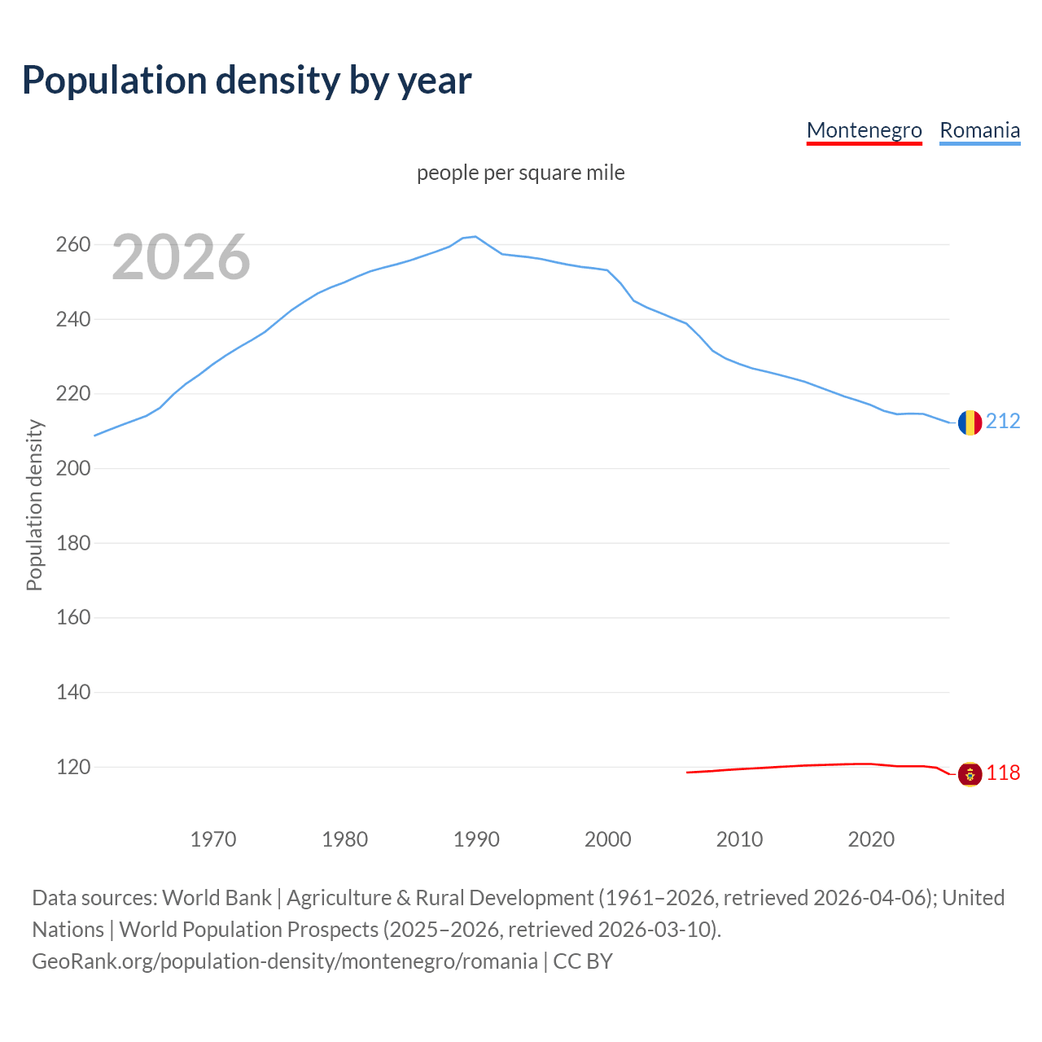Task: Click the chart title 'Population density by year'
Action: coord(247,80)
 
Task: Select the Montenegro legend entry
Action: coord(864,130)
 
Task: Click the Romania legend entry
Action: coord(979,130)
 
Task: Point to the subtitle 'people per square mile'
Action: coord(520,173)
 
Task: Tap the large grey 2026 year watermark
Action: coord(181,257)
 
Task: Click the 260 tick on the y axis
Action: coord(72,244)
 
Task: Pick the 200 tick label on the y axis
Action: coord(72,468)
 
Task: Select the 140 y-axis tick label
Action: coord(72,692)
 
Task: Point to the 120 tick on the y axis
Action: coord(72,767)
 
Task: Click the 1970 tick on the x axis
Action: coord(213,838)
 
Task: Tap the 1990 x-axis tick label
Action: coord(476,838)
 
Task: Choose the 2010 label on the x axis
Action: coord(739,838)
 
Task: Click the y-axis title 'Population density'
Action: coord(34,505)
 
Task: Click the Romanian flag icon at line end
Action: coord(969,422)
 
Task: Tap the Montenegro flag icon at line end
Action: coord(969,773)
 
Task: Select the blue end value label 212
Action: coord(1003,421)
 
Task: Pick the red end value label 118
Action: coord(1003,773)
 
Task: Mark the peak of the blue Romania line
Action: coord(475,236)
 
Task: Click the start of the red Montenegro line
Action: coord(688,772)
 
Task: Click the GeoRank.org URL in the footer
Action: coord(285,961)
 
